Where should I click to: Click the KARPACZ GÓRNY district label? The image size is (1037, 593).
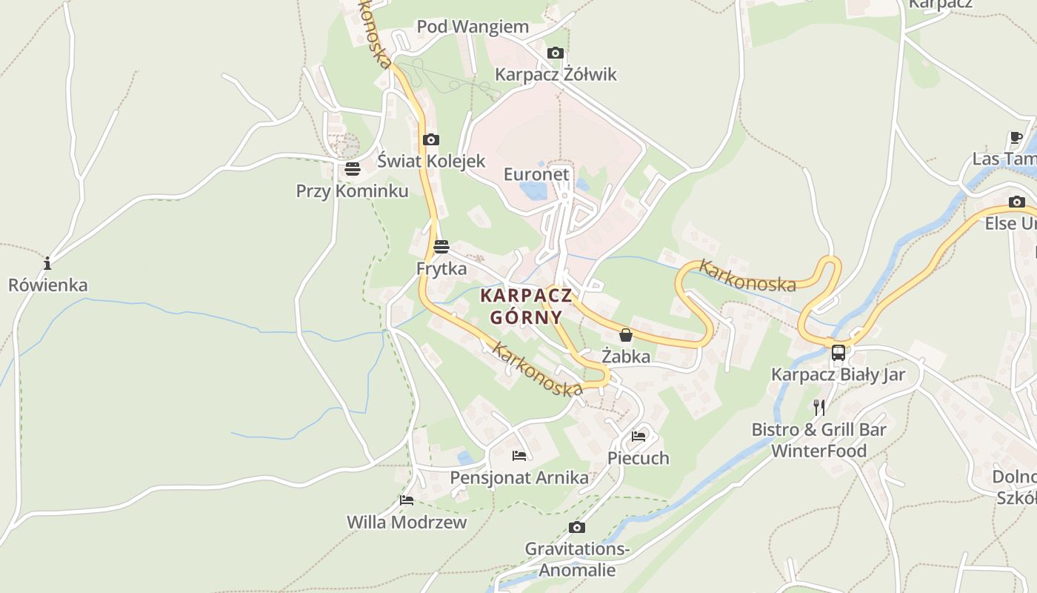coord(526,306)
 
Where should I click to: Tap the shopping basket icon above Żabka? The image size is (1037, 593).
coord(626,335)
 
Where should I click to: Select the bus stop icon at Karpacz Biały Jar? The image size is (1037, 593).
coord(838,353)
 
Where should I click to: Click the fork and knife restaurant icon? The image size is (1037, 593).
coord(819,407)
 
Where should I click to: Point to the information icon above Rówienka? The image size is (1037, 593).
coord(47,263)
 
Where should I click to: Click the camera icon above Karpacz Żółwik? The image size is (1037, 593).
coord(555,53)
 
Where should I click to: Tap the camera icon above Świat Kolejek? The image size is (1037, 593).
coord(430,139)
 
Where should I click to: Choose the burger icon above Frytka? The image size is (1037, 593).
coord(441,246)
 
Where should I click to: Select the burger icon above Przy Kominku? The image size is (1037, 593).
coord(352,169)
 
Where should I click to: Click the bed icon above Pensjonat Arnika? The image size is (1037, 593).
coord(519,455)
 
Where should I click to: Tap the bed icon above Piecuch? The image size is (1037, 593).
coord(638,436)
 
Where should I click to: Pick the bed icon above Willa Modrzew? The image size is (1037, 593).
coord(407,500)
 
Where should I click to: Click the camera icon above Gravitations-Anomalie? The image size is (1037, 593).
coord(576,527)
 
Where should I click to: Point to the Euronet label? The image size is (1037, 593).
coord(536,174)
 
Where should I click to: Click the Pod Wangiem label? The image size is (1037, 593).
coord(473,27)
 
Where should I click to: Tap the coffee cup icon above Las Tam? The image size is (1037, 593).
coord(1016,137)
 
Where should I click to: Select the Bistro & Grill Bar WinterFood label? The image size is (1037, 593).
coord(818,440)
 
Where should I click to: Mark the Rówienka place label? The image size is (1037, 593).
coord(47,285)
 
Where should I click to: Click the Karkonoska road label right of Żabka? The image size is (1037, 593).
coord(747,276)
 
